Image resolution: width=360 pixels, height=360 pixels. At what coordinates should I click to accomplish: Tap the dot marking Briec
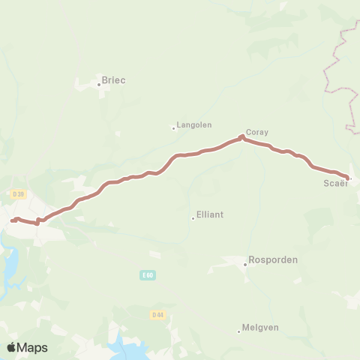99,84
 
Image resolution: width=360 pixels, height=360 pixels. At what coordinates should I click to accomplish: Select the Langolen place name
193,125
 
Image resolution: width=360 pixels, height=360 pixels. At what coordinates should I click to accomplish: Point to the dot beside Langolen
174,127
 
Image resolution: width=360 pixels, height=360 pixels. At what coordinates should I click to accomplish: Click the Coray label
257,131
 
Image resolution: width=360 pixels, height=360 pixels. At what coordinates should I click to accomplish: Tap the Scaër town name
335,184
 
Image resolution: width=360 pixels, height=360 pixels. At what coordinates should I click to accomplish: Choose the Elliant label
210,214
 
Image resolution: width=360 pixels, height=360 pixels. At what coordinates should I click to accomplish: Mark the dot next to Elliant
193,218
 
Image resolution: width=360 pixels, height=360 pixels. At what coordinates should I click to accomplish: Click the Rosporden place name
274,260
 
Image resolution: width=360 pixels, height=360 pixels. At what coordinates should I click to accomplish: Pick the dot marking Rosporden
245,264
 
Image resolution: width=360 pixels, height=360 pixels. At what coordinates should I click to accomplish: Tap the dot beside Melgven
239,331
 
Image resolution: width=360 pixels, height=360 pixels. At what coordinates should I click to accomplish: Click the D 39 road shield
19,195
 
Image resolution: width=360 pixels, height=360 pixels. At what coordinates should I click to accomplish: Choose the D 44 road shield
157,314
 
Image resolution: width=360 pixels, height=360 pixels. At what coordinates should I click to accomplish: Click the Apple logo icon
12,347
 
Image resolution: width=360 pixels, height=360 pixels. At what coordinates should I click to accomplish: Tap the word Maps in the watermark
33,347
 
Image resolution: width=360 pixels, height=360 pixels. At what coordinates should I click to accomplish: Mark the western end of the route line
12,220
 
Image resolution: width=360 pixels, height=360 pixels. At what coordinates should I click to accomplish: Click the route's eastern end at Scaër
348,178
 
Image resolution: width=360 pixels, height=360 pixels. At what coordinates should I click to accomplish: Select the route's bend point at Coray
241,136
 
